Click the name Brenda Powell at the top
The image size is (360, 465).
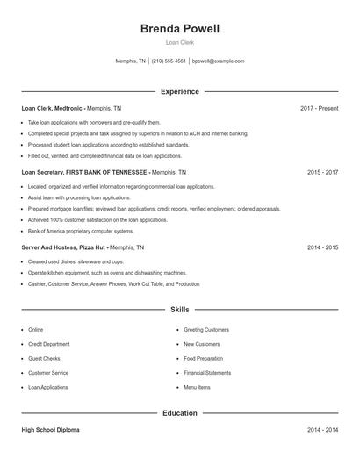[180, 29]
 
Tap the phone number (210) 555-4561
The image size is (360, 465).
[169, 61]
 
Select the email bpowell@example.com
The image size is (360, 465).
[218, 61]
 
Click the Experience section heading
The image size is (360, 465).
[180, 91]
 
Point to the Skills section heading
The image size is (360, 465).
[180, 310]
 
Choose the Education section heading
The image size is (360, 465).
[180, 412]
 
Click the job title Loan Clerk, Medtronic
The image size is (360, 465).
[53, 108]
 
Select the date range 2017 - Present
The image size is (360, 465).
[319, 108]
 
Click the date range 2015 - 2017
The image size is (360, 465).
[322, 173]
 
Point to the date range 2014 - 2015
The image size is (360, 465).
[322, 248]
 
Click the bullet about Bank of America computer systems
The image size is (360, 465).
[81, 231]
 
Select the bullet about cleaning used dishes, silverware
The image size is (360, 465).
[76, 261]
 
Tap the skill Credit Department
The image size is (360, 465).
[49, 344]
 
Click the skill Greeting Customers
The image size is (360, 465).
[206, 330]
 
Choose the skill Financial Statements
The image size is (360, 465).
[207, 373]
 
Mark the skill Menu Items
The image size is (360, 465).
[197, 387]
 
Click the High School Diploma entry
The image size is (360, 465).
[52, 430]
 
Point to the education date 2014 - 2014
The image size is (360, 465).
[322, 430]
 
